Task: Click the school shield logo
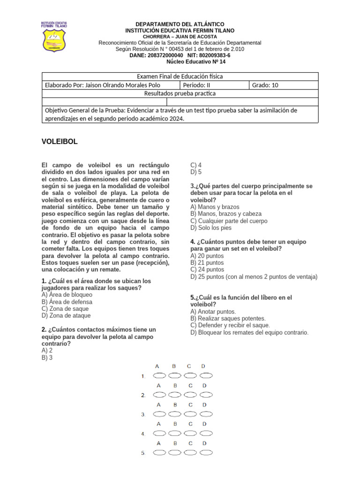(54, 36)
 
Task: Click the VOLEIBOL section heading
(60, 142)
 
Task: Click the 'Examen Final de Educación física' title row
(180, 76)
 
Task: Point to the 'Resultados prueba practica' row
(180, 93)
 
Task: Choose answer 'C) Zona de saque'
(65, 309)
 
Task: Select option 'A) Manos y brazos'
(215, 207)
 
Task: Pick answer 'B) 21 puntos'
(207, 263)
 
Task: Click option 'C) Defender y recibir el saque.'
(230, 325)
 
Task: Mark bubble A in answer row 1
(159, 375)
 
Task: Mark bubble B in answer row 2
(175, 395)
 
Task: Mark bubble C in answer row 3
(190, 414)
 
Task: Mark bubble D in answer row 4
(206, 434)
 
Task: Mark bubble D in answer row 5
(206, 453)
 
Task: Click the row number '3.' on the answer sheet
(143, 415)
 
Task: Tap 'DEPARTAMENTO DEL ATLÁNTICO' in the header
(180, 24)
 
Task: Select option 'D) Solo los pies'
(211, 228)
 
